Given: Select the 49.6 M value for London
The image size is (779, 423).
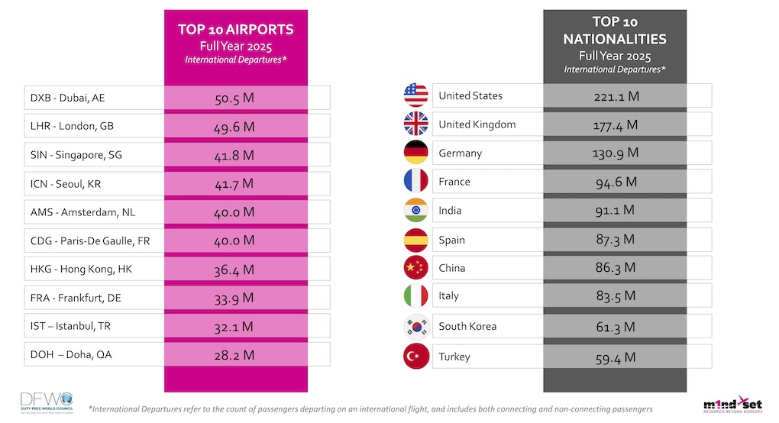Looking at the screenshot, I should pos(234,126).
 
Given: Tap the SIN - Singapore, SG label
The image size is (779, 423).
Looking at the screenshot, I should pos(76,155).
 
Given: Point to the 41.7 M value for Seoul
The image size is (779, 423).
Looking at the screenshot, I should pos(234,184).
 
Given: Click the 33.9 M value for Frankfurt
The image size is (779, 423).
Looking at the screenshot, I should pos(234,298).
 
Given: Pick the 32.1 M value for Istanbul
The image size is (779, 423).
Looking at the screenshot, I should pos(234,327).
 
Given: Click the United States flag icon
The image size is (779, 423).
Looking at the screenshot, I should pos(415,95).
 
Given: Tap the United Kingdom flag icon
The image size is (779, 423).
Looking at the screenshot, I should pos(415,124).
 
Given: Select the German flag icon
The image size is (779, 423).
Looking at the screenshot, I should pos(415,153).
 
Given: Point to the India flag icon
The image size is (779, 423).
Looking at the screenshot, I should pos(415,210).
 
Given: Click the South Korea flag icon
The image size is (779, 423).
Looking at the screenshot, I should pos(415,327).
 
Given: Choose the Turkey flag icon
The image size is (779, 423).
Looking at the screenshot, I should pos(415,357).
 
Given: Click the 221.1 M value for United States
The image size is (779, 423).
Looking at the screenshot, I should pos(616,96).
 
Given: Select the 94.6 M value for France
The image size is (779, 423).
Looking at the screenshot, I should pos(616,182).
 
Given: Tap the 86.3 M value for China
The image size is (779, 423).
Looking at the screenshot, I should pos(616,268).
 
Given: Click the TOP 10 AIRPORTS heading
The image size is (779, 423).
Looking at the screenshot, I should pos(236,30).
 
